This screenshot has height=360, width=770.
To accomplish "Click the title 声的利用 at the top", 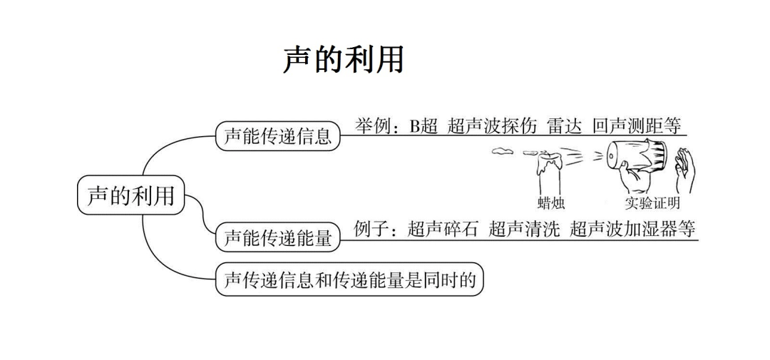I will pyautogui.click(x=343, y=60).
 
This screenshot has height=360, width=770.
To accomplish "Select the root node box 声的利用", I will pyautogui.click(x=130, y=195).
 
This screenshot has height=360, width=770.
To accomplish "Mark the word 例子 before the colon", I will pyautogui.click(x=373, y=230).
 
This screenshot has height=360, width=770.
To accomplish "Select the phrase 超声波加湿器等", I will pyautogui.click(x=632, y=230).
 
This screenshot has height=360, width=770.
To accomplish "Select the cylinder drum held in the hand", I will pyautogui.click(x=636, y=158).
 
